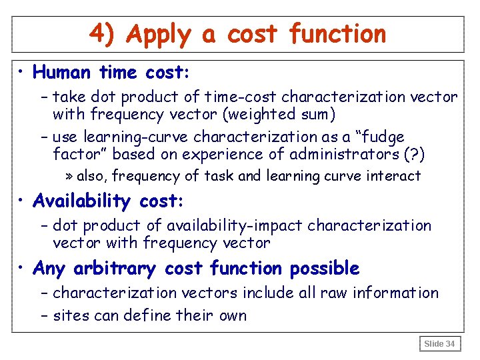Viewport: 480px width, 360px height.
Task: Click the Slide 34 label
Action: [x=439, y=344]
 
